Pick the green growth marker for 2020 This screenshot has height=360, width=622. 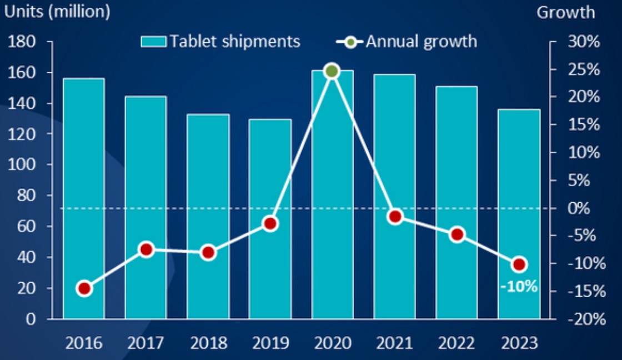332,71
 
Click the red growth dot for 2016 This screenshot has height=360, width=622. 84,288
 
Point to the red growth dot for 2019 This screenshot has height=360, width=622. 270,224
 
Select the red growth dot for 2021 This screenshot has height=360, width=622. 395,217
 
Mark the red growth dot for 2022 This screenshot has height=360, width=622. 457,234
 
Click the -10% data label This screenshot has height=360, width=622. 518,287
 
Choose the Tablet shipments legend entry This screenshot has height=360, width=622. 220,41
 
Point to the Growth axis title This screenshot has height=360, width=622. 565,12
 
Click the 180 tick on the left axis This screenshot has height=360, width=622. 23,42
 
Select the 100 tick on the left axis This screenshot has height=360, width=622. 23,165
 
